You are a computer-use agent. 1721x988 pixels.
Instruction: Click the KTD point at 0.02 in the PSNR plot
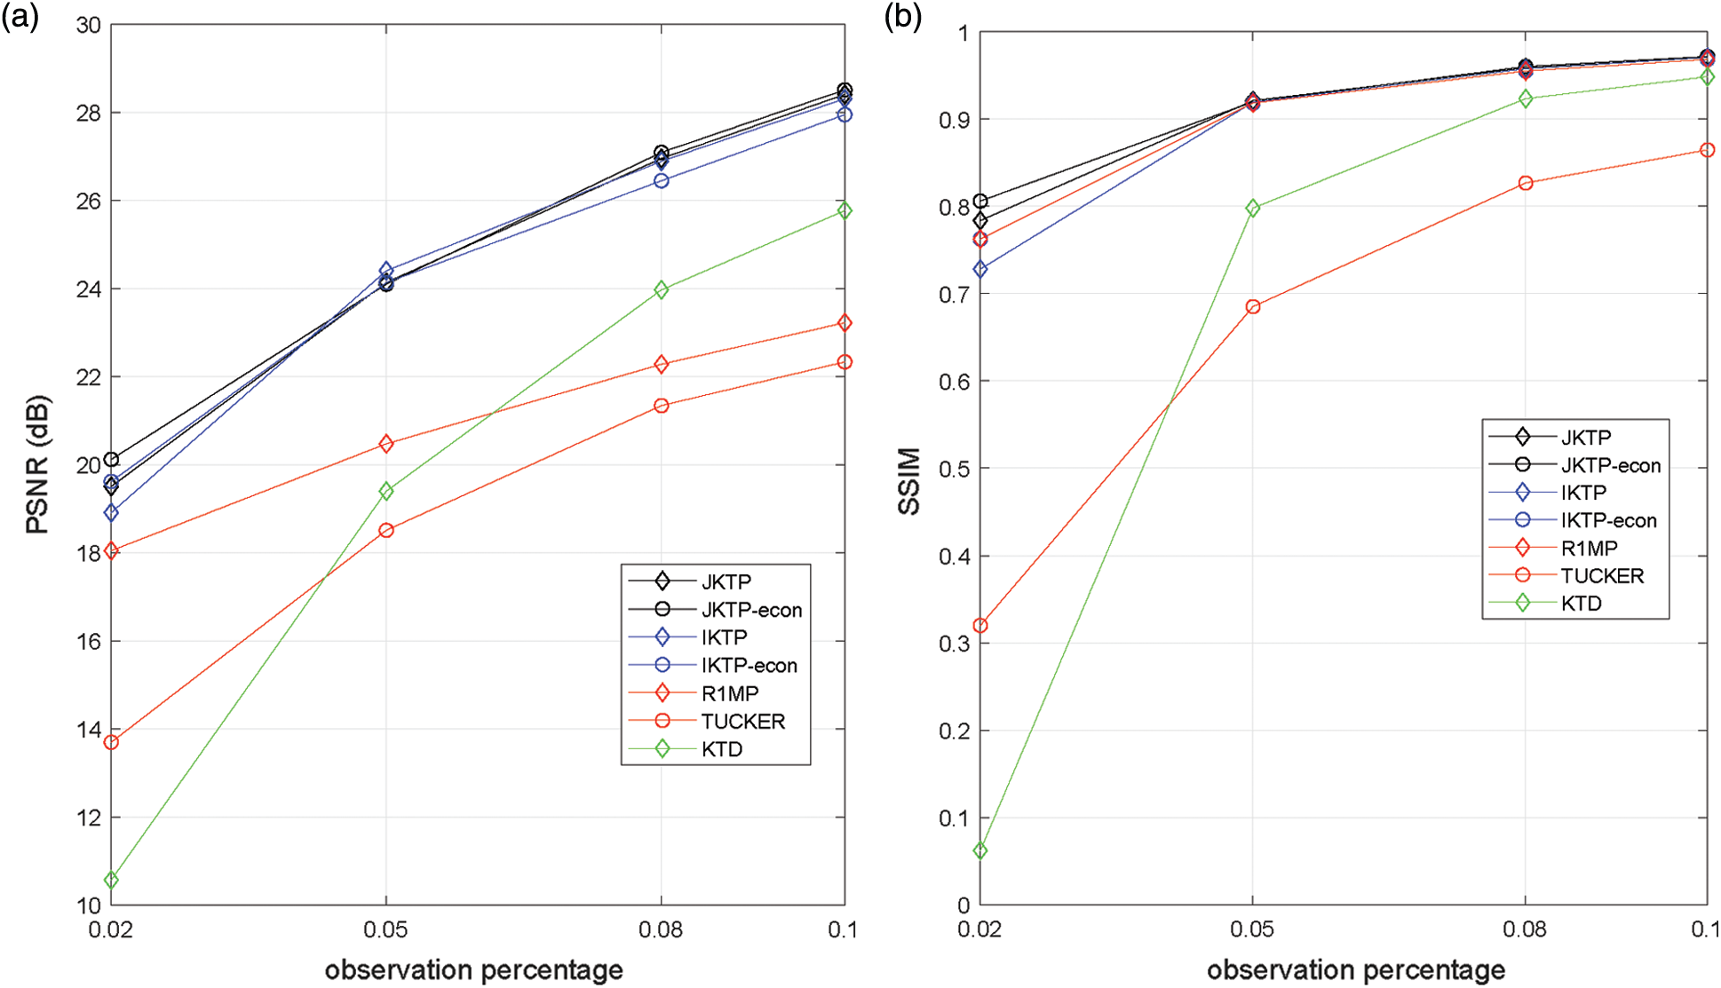(x=111, y=880)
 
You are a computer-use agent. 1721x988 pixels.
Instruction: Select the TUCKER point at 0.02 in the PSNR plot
(x=111, y=742)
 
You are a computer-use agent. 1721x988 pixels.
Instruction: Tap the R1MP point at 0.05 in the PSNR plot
(x=386, y=444)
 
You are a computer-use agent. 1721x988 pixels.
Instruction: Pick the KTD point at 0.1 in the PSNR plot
(x=845, y=210)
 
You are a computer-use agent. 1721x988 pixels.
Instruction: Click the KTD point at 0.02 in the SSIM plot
(x=980, y=850)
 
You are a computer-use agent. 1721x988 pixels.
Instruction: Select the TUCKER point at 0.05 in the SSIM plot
(x=1253, y=307)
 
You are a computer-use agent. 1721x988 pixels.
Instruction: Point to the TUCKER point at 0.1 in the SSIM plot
(x=1707, y=151)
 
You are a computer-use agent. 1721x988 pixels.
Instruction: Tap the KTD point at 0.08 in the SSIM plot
(x=1526, y=99)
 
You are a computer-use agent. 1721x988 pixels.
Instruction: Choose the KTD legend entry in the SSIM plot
(x=1581, y=604)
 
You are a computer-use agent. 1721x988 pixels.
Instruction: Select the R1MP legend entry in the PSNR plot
(x=729, y=693)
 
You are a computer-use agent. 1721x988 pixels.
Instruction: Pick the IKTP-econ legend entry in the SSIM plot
(x=1608, y=520)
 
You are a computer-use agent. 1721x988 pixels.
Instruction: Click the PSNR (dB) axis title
(x=37, y=464)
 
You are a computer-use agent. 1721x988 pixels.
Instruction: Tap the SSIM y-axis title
(x=908, y=481)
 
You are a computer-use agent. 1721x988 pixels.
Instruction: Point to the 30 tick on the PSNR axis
(x=89, y=25)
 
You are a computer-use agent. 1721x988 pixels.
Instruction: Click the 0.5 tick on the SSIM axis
(x=955, y=469)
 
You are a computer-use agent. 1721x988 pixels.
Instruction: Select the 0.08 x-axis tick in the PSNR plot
(x=661, y=930)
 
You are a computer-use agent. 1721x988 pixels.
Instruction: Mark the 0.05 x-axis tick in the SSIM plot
(x=1252, y=930)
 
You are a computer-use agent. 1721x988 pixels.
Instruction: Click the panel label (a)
(x=20, y=16)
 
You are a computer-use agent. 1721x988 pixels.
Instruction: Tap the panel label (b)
(x=902, y=16)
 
